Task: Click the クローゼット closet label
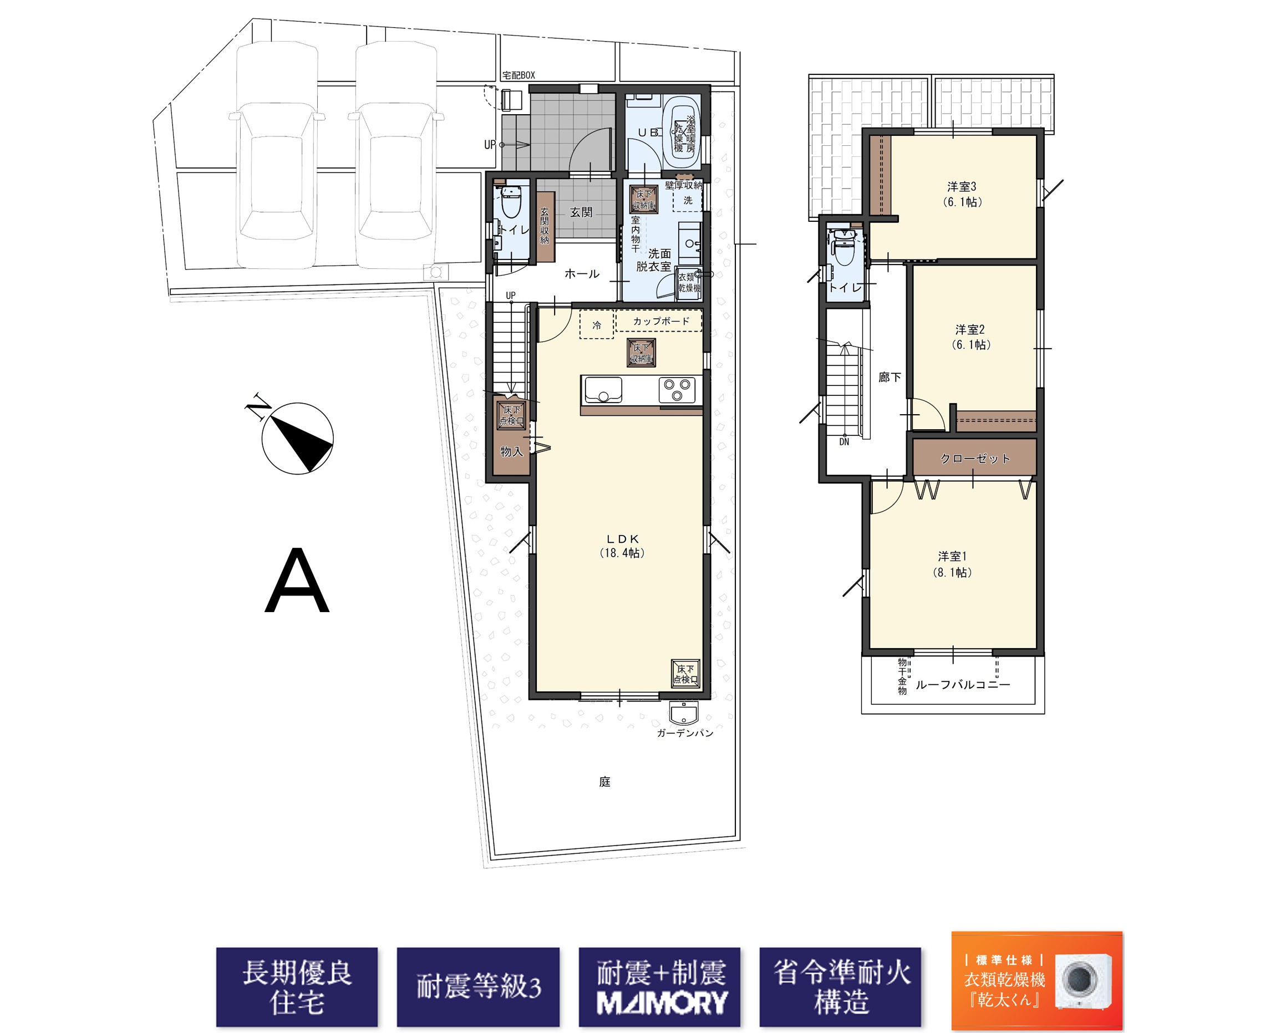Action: coord(975,459)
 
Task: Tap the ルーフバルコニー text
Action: coord(963,685)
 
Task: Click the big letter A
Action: coord(297,581)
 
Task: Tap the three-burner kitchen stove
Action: coord(677,390)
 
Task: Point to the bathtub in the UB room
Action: coord(684,132)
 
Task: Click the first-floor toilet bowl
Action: coord(511,202)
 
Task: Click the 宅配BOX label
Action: coord(519,75)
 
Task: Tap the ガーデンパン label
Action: coord(685,733)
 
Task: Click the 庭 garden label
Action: coord(605,781)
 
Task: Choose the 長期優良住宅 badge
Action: coord(297,987)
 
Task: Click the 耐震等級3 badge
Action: coord(479,987)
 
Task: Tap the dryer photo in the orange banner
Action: coord(1083,981)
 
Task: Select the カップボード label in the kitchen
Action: coord(662,321)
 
